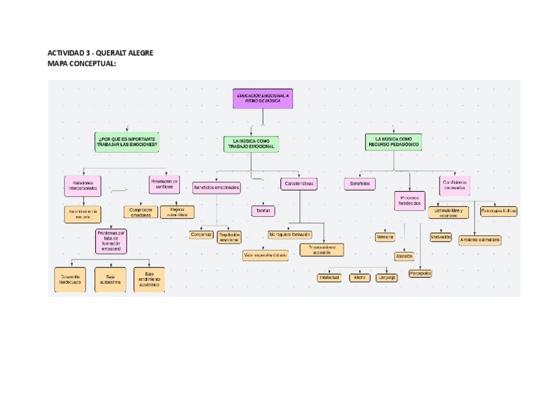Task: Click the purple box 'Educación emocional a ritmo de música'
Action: tap(263, 99)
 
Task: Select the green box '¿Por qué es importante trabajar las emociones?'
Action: tap(127, 142)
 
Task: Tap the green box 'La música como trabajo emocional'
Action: tap(251, 143)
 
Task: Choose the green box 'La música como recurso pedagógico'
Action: tap(393, 142)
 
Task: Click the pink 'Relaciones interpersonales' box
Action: tap(83, 185)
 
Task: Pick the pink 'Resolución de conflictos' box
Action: tap(164, 185)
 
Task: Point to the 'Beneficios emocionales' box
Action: tap(216, 188)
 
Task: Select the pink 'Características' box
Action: tap(299, 185)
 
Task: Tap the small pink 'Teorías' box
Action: tap(262, 211)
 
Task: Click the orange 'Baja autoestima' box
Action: tap(110, 280)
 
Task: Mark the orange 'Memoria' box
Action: tap(385, 236)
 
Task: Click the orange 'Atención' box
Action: tap(404, 256)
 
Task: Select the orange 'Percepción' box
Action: tap(420, 273)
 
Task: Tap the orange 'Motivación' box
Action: tap(441, 236)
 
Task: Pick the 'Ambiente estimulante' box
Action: tap(479, 240)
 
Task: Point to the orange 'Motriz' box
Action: tap(359, 278)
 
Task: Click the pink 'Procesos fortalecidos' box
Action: tap(409, 200)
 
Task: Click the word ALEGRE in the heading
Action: tap(139, 53)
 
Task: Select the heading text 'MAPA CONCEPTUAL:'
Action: tap(82, 64)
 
